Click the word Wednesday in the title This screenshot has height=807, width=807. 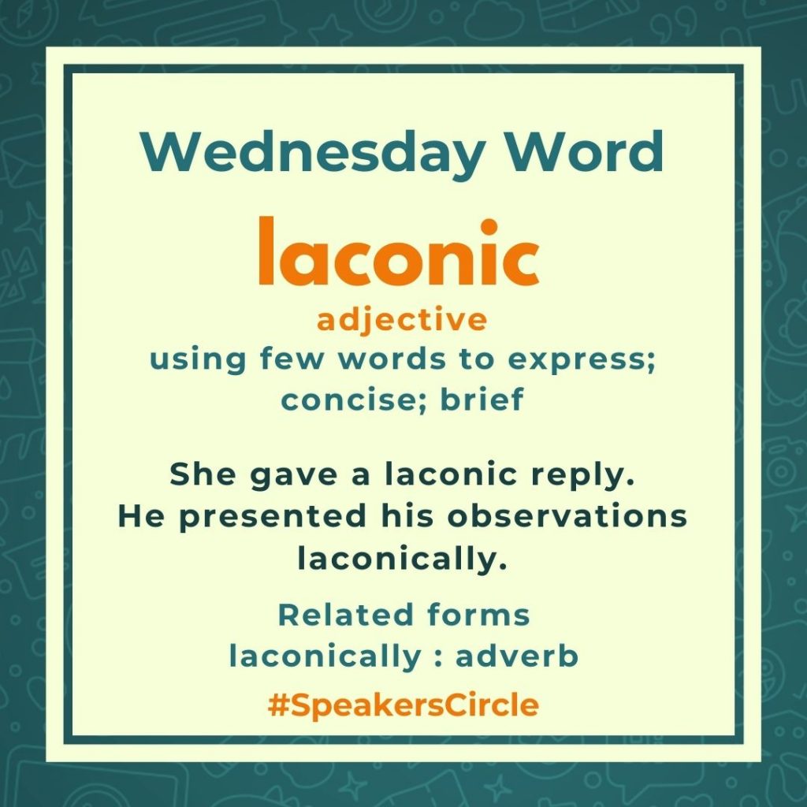click(312, 154)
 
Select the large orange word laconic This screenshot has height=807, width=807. click(399, 251)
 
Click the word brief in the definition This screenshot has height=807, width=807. click(482, 399)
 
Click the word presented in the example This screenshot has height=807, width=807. click(272, 517)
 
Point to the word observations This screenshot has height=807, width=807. click(567, 515)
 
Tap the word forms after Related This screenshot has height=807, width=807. click(478, 615)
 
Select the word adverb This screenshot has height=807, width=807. click(517, 656)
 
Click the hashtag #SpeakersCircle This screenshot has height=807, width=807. click(403, 705)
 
